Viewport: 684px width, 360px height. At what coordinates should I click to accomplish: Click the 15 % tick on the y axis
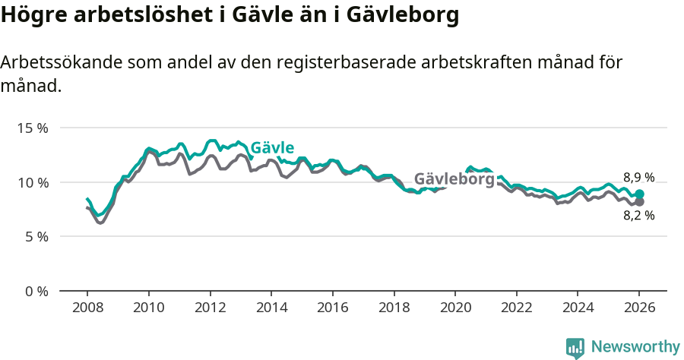32,128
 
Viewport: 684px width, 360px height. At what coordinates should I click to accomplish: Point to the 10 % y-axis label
32,182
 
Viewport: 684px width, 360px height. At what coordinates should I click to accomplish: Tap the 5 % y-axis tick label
36,236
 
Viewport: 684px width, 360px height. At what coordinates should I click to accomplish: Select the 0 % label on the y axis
36,291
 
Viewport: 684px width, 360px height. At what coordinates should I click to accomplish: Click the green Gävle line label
272,148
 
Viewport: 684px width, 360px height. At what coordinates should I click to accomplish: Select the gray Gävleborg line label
454,179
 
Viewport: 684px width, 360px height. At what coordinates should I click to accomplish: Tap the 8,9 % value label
638,178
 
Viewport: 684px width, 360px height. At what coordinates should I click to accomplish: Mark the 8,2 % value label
638,215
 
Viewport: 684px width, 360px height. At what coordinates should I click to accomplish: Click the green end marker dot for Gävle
640,194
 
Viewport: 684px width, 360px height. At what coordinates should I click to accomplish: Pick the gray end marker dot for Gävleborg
640,202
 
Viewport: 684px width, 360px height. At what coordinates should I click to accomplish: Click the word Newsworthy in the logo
635,347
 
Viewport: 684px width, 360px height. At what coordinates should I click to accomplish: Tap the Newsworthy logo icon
575,348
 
